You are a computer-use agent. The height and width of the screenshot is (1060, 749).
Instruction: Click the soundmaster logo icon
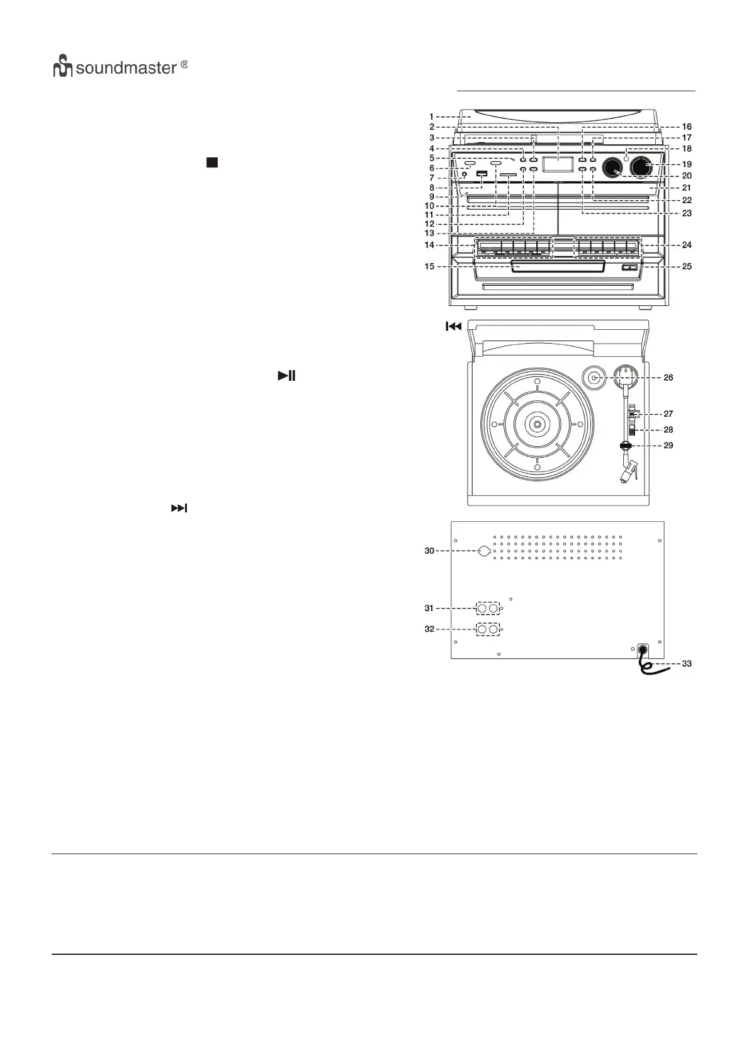tap(63, 67)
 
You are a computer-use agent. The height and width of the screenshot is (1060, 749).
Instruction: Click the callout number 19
tap(687, 164)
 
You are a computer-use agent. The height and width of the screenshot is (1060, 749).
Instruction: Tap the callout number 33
tap(687, 663)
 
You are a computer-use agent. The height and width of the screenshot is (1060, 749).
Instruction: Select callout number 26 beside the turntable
tap(668, 378)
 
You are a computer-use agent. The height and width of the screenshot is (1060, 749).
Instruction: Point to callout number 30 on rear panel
tap(429, 551)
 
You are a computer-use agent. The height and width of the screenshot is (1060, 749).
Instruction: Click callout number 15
tap(429, 266)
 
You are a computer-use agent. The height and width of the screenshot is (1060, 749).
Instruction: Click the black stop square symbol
tap(211, 163)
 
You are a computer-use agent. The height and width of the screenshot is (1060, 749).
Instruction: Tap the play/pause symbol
tap(286, 376)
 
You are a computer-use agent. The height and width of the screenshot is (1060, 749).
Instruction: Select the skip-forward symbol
tap(179, 508)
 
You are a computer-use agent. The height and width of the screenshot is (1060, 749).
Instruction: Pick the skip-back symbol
tap(454, 326)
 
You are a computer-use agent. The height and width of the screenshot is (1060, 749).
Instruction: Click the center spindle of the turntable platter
tap(536, 424)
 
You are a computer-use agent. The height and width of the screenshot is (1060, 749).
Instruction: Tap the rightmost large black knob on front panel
tap(640, 167)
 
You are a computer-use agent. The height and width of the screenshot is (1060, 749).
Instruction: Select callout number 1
tap(432, 116)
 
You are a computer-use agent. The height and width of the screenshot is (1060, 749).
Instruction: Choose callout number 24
tap(687, 245)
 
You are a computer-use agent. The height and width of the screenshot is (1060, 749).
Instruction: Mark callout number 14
tap(429, 245)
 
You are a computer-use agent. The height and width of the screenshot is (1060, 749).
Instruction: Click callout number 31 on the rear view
tap(429, 609)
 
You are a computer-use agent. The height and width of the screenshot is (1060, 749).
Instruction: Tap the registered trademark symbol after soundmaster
tap(184, 65)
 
